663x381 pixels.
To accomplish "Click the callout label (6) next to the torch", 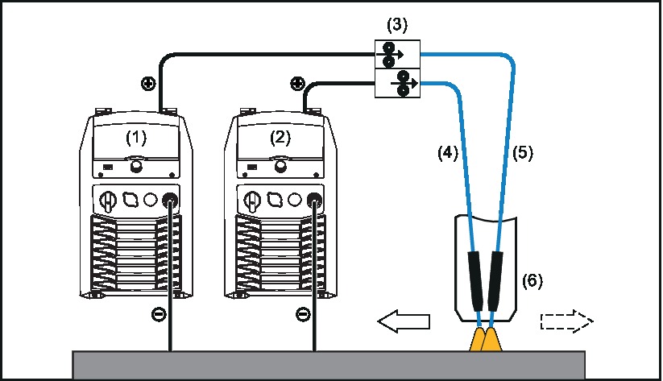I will (532, 280).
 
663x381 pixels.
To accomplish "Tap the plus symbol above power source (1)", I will (147, 84).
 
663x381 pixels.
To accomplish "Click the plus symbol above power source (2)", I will (296, 84).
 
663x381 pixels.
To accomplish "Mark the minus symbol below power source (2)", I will (302, 314).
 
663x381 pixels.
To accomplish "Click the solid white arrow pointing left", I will (404, 323).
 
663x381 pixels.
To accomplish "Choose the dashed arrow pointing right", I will (566, 323).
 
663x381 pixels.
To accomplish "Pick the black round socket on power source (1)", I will (170, 200).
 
